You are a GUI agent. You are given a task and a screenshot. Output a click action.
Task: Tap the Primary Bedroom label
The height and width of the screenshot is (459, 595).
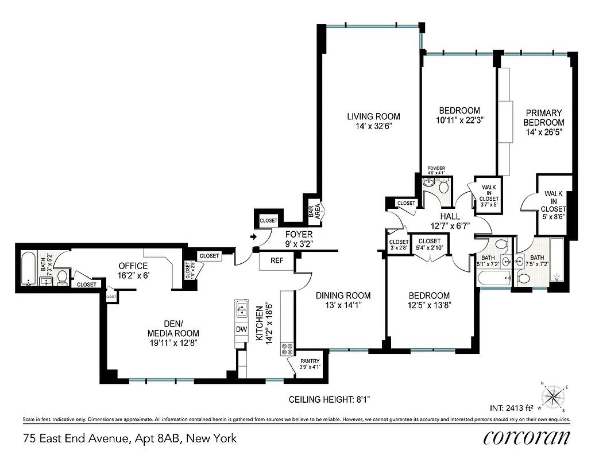click(543, 122)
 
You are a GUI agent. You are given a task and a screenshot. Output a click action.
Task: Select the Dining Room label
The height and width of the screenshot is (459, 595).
click(343, 300)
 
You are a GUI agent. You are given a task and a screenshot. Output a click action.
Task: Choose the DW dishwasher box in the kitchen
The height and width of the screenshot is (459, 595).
click(242, 329)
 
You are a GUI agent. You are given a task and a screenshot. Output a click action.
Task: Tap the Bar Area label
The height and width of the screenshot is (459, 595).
click(314, 212)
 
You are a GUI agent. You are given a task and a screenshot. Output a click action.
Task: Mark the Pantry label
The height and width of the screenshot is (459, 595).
click(310, 364)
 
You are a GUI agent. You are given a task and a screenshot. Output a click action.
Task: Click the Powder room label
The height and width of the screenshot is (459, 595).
click(436, 170)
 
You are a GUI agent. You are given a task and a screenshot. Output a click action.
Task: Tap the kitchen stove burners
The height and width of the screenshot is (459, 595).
click(287, 349)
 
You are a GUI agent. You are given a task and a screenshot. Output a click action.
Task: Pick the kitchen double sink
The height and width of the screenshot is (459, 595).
click(241, 310)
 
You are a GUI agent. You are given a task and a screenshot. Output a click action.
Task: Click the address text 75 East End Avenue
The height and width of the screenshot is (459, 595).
click(129, 439)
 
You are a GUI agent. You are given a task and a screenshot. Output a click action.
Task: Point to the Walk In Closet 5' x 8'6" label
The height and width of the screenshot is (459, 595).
click(554, 201)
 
